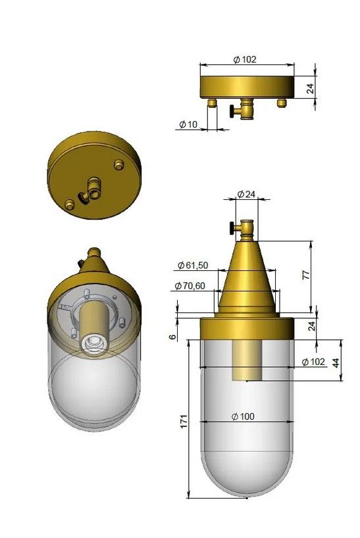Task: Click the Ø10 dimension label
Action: (x=188, y=124)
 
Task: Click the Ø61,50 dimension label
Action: (x=193, y=265)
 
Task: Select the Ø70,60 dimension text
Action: (x=190, y=285)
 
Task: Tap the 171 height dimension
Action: (x=184, y=421)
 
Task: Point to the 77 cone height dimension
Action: (x=306, y=275)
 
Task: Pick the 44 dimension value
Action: (x=336, y=362)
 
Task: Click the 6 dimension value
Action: (x=172, y=337)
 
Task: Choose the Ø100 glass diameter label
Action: (x=243, y=416)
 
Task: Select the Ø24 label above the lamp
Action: (x=246, y=194)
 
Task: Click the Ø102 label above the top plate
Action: (x=245, y=59)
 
